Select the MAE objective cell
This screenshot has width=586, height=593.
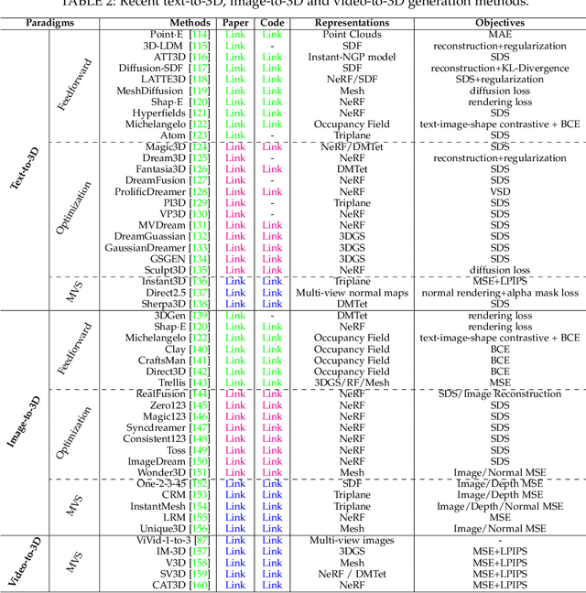500,34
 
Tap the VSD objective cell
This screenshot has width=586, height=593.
500,191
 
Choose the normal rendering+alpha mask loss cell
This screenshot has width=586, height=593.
500,293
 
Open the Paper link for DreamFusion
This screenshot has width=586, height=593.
235,180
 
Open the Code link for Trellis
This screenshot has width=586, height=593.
272,383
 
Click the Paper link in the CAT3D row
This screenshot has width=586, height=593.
235,585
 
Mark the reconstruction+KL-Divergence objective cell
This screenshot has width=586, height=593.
500,68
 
